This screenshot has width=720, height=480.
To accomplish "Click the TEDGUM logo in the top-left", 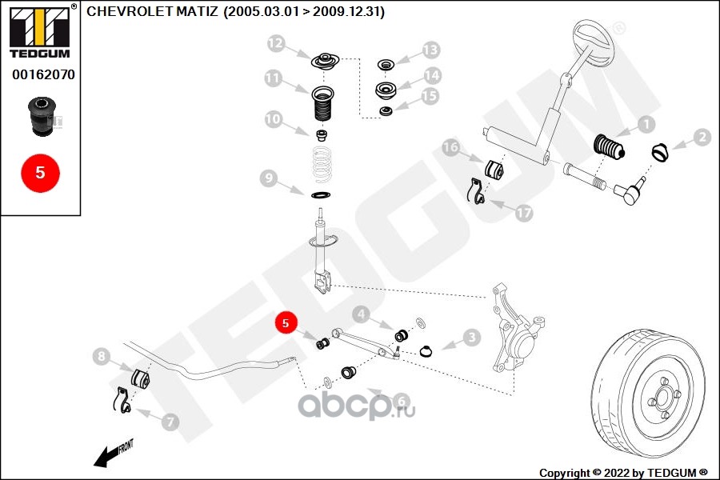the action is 40,31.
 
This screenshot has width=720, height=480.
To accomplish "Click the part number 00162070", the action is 43,74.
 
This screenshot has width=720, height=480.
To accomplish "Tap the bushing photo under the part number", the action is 42,116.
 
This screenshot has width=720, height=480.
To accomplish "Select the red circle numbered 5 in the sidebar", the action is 41,173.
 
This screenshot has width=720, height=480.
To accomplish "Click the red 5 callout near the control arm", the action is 286,322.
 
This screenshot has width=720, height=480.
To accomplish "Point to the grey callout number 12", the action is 276,44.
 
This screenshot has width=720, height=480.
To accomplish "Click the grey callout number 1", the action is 646,124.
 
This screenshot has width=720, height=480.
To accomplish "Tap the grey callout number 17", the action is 523,213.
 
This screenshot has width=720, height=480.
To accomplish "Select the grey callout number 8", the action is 102,356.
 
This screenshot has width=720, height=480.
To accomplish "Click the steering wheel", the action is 594,44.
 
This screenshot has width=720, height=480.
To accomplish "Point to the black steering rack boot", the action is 610,147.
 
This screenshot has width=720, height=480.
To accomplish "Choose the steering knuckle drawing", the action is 517,327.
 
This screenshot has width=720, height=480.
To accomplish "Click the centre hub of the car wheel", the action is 662,397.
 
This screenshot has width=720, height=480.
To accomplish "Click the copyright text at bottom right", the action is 623,473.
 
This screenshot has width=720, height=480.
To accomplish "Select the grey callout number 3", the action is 471,338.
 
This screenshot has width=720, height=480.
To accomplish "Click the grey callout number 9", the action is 269,178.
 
